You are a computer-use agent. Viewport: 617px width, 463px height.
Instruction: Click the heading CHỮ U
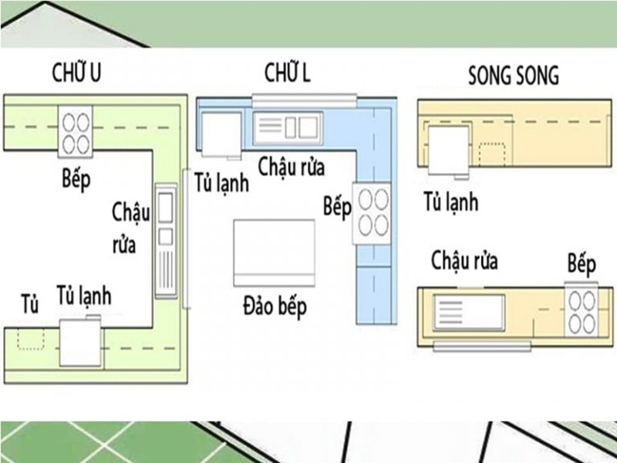76,73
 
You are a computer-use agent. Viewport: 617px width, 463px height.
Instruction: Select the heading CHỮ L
287,73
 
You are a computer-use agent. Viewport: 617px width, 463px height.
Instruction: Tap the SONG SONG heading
514,75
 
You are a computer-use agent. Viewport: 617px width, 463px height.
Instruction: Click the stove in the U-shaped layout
76,131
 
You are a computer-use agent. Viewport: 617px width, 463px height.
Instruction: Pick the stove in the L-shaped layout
372,214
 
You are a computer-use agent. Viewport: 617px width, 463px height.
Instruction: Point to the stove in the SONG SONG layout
582,309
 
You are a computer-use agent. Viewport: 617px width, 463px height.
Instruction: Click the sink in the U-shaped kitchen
166,241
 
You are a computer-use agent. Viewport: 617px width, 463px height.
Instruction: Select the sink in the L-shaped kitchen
288,128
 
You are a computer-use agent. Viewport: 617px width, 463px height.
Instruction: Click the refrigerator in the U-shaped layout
81,342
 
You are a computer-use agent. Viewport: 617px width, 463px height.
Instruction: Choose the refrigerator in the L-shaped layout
221,135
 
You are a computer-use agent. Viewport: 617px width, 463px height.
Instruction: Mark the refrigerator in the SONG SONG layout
448,150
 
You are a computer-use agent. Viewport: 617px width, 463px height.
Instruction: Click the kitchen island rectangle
275,253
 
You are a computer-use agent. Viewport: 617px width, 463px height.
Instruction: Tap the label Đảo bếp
275,306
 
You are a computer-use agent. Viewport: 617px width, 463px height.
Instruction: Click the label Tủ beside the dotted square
29,304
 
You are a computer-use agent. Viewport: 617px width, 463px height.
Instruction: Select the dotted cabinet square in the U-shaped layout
31,340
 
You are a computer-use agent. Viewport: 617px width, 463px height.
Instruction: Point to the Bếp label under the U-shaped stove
76,179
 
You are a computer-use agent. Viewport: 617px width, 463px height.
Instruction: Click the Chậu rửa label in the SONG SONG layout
465,261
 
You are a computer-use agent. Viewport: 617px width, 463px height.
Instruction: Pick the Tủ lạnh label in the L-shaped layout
222,182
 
